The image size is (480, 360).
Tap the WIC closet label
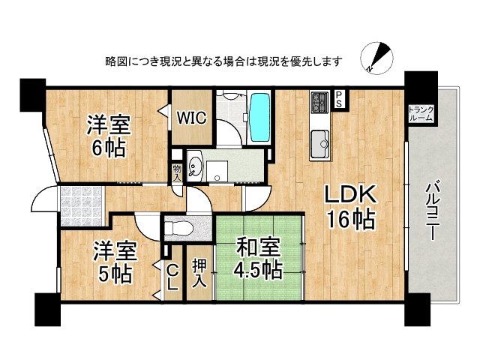click(x=190, y=117)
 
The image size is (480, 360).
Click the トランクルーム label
click(x=420, y=113)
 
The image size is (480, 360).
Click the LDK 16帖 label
click(x=349, y=207)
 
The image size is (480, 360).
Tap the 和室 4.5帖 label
click(x=258, y=257)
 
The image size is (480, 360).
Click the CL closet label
click(x=172, y=278)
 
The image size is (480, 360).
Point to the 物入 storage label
click(x=177, y=173)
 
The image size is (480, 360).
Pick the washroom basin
click(x=196, y=165)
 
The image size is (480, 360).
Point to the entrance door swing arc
click(x=42, y=201)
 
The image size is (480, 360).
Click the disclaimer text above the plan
click(x=224, y=61)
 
